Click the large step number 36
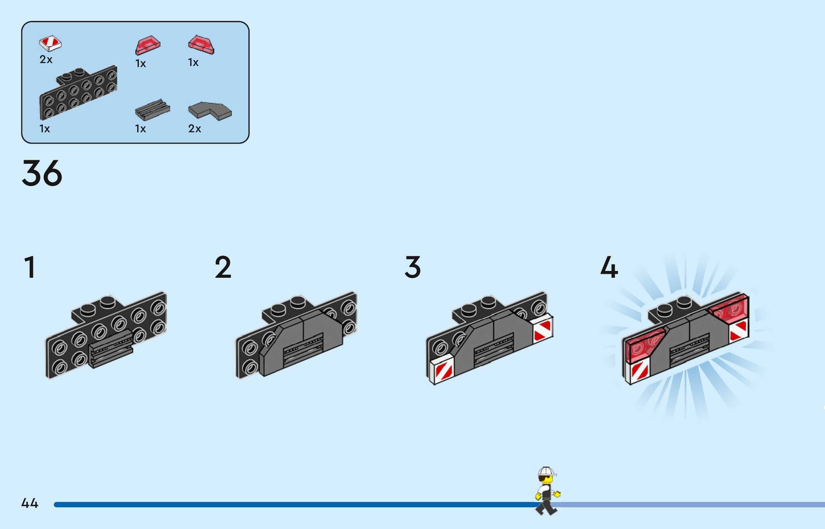point(42,173)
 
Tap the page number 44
point(30,503)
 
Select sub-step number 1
point(30,267)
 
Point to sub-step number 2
point(223,267)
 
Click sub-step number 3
point(413,267)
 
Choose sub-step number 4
point(609,267)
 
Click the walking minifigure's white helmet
point(546,471)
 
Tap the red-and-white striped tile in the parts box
point(50,43)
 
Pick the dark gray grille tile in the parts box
point(152,110)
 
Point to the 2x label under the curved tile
point(195,128)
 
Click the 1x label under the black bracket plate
point(44,128)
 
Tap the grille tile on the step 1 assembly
point(111,348)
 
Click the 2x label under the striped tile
point(46,59)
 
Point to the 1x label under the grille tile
point(140,128)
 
